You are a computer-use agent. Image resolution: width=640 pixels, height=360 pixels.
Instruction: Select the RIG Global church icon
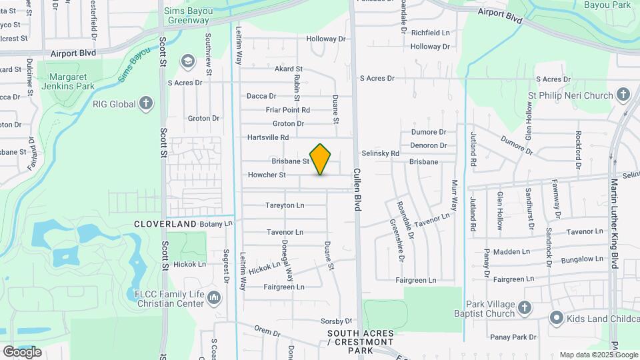click(147, 103)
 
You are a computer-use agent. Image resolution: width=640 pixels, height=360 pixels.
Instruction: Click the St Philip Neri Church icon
click(623, 95)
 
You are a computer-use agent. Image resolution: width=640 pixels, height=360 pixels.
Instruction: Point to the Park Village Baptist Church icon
click(525, 308)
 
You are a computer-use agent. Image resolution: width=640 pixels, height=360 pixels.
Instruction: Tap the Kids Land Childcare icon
click(557, 319)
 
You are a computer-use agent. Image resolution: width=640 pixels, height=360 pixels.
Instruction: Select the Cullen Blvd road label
click(357, 190)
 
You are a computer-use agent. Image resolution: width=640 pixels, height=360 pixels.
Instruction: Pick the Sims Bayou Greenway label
click(188, 15)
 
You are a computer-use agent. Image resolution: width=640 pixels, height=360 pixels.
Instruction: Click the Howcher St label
click(267, 175)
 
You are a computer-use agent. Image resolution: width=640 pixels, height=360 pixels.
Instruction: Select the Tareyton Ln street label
click(285, 205)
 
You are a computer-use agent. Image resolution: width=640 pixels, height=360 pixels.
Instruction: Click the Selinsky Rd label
click(380, 153)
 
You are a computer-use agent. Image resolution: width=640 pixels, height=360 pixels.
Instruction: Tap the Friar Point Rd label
click(288, 110)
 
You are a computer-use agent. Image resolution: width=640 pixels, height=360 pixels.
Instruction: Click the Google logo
click(22, 351)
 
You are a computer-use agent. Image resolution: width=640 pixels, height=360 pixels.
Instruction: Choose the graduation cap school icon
click(188, 62)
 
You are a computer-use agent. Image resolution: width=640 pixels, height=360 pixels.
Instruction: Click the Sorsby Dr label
click(336, 321)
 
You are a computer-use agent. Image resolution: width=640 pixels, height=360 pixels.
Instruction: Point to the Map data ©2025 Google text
click(598, 355)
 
